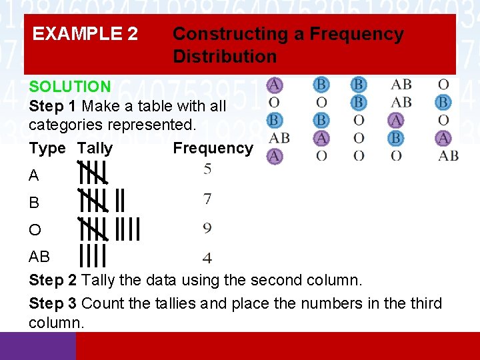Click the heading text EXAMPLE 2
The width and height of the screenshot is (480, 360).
tap(85, 33)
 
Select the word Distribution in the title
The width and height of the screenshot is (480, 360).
tap(225, 56)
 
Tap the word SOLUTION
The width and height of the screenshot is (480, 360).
tap(69, 87)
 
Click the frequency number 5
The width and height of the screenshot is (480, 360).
tap(208, 169)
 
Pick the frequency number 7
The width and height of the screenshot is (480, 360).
tap(208, 199)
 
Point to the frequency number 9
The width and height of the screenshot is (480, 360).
tap(208, 229)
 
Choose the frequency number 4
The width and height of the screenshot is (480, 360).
tap(208, 257)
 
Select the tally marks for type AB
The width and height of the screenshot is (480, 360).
tap(93, 255)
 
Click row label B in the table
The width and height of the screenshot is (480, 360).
tap(34, 203)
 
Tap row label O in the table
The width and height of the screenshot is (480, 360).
tap(35, 231)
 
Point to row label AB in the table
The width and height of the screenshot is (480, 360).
tap(39, 257)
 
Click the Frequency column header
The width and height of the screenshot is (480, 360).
tap(213, 148)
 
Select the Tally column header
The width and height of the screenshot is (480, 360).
tap(95, 148)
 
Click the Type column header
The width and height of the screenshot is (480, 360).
tap(47, 148)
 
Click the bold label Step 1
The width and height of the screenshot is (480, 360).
tap(53, 106)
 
